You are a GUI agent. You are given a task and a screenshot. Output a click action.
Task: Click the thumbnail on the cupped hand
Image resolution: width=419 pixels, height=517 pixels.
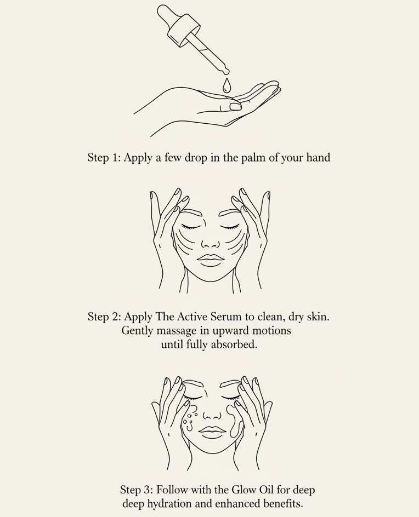click(x=235, y=106)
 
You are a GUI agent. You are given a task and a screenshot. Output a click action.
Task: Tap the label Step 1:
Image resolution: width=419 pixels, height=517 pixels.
click(x=104, y=158)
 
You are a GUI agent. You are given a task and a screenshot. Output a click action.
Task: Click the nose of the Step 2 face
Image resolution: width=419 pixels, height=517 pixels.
click(x=210, y=242)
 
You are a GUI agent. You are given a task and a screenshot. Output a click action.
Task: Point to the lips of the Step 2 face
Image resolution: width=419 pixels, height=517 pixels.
click(x=210, y=259)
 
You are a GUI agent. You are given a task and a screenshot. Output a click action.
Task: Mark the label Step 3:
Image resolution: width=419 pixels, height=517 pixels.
click(x=137, y=490)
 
